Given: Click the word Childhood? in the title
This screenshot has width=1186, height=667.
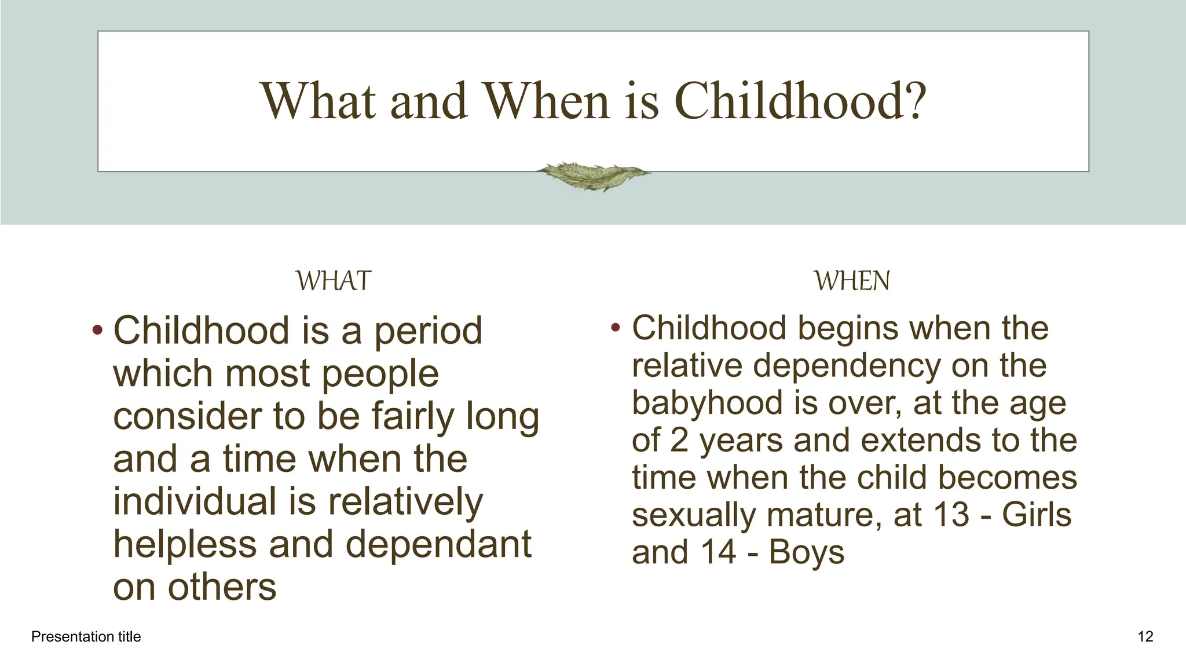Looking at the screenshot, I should [800, 102].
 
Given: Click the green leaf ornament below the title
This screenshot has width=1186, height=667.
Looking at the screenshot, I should [592, 175].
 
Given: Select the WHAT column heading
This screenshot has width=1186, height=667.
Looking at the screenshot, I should [333, 281].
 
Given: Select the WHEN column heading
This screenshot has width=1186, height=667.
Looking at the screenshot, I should [852, 281].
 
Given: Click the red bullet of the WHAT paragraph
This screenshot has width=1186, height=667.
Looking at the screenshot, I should [97, 331].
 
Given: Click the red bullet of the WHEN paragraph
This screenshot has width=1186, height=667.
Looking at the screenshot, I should [616, 328].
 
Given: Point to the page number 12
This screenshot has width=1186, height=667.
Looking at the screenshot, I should [1145, 637].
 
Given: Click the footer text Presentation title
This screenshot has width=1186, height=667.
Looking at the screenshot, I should [86, 637].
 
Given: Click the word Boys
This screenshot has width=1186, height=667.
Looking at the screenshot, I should [806, 552].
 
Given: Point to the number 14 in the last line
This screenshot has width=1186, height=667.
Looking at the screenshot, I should [718, 552].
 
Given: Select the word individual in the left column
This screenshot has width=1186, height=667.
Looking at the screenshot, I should [195, 501].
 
